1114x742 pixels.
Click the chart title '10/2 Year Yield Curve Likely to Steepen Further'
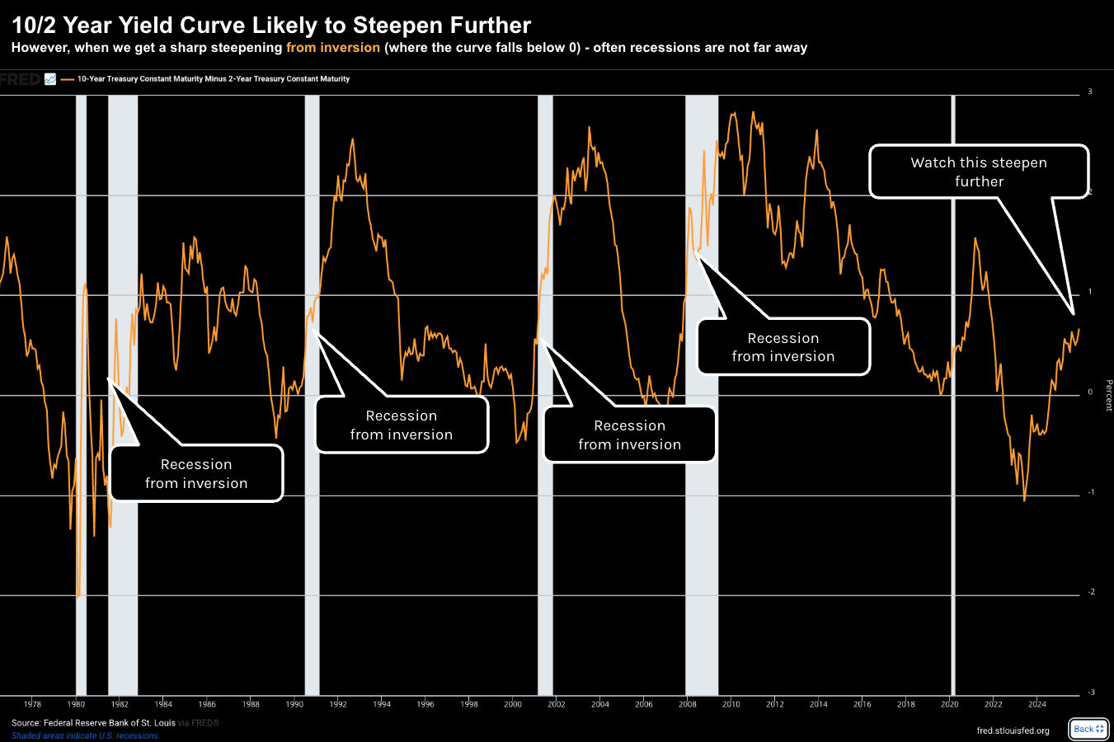(x=271, y=26)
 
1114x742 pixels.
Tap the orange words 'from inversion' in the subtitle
(x=333, y=48)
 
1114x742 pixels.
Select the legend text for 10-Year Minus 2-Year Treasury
(x=214, y=79)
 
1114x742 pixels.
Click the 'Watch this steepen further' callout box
(x=979, y=171)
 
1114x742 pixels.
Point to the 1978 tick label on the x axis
(x=32, y=704)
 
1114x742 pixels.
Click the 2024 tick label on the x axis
(x=1037, y=704)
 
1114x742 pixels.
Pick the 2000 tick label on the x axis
(x=513, y=704)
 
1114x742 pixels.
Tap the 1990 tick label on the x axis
(x=294, y=704)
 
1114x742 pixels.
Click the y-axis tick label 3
(x=1090, y=92)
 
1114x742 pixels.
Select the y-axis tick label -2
(x=1090, y=593)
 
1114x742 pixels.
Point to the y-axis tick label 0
(x=1090, y=392)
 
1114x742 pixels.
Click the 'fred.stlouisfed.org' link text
(x=1013, y=730)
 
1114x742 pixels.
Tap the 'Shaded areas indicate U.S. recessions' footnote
(x=86, y=735)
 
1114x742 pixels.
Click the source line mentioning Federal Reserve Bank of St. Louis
(x=93, y=723)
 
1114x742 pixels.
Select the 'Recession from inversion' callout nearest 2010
(x=783, y=347)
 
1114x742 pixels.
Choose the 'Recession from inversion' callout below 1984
(x=196, y=473)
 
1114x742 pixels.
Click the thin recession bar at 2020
(x=953, y=396)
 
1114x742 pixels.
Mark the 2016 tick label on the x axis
(x=863, y=704)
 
